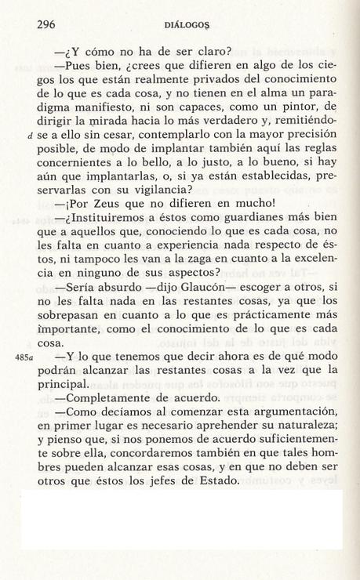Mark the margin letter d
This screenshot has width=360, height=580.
coord(30,140)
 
